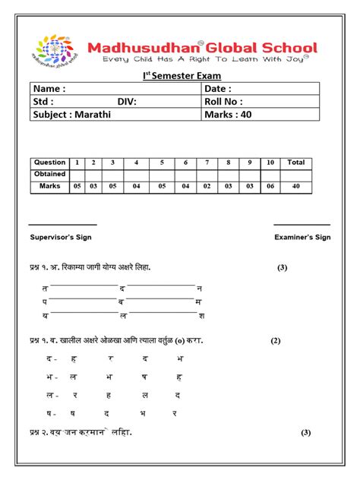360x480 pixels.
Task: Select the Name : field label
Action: (49, 89)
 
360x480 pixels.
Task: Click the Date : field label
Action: (219, 89)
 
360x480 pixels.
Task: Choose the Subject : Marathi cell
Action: (70, 115)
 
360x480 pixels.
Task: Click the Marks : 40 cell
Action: (227, 115)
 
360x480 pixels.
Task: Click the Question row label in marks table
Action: (49, 163)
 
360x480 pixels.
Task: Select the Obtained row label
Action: (49, 174)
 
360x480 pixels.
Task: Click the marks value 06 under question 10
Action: (271, 186)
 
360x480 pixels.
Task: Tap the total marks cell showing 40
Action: (295, 186)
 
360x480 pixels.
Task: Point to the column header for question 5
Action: (161, 163)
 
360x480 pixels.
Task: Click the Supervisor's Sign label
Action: (62, 237)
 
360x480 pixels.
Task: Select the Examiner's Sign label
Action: (302, 237)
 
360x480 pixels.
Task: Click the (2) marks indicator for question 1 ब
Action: (276, 340)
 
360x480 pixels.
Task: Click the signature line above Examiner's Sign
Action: (302, 225)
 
